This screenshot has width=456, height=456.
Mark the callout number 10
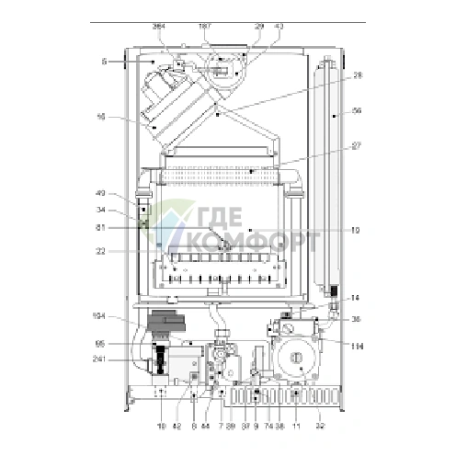click(x=356, y=231)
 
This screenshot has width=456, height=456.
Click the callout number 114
click(x=357, y=345)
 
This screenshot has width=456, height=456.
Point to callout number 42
click(x=176, y=427)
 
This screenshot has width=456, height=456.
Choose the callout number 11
click(x=296, y=427)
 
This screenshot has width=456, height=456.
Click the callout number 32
click(x=320, y=427)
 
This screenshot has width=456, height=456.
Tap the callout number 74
click(x=268, y=427)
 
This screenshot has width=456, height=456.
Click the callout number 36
click(x=357, y=319)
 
